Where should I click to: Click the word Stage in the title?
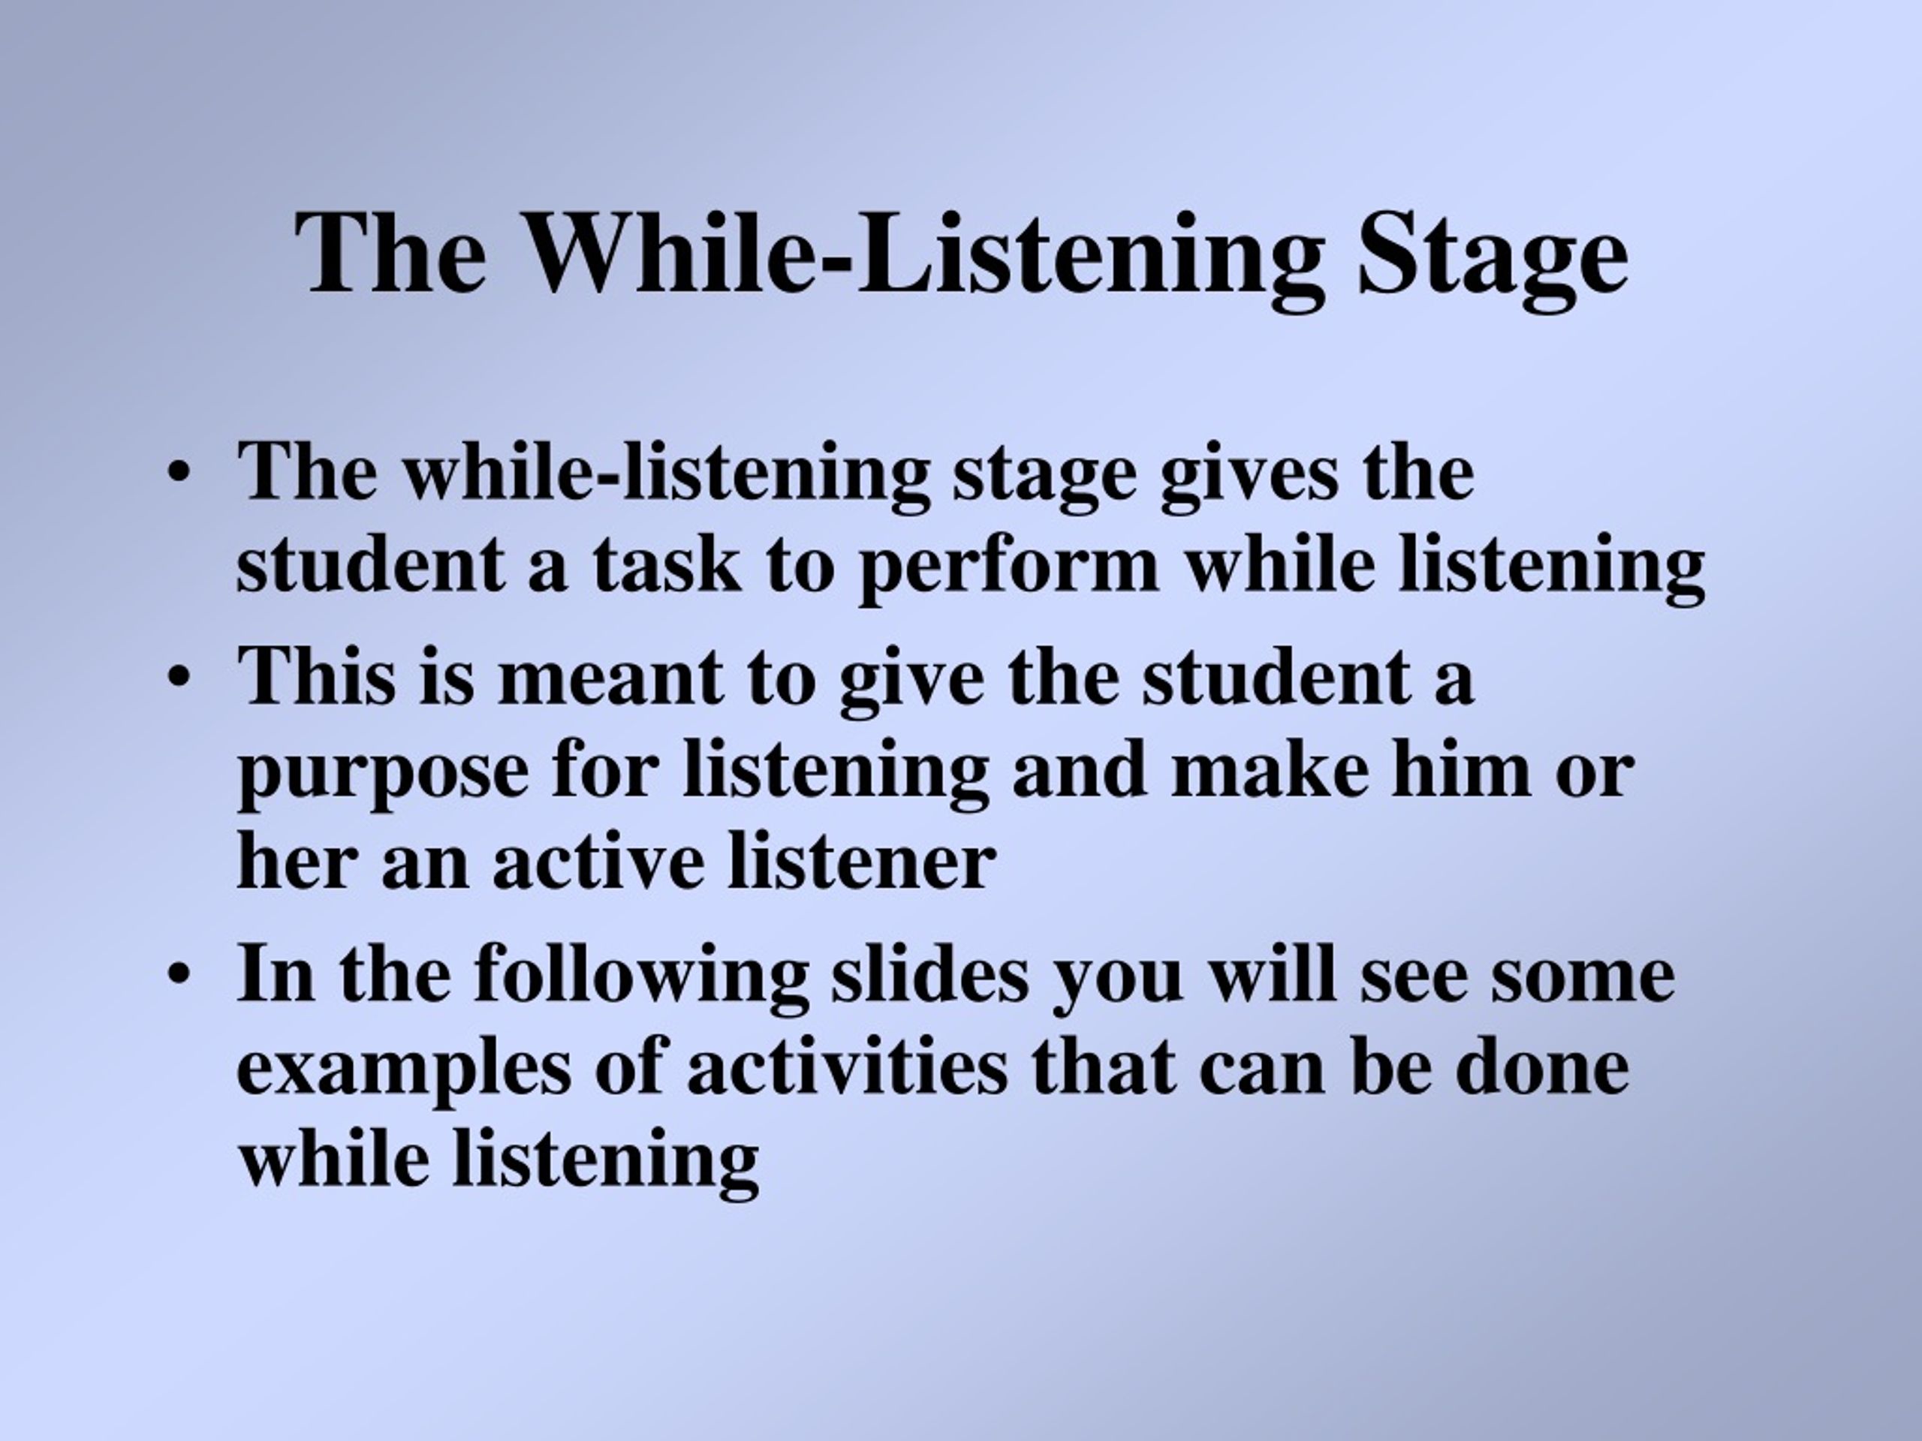1492,253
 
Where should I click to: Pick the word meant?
610,679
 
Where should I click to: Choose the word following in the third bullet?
641,976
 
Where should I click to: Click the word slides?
929,972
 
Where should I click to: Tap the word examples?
404,1071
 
